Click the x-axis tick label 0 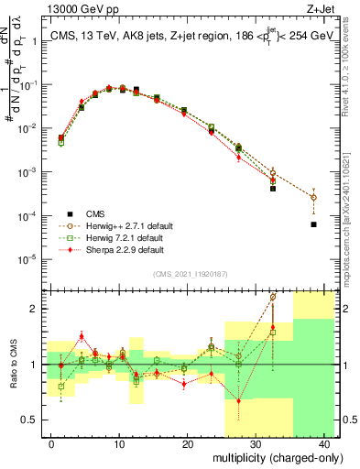pos(51,442)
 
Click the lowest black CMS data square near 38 pos(313,224)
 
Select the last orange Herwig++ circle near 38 pos(313,197)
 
